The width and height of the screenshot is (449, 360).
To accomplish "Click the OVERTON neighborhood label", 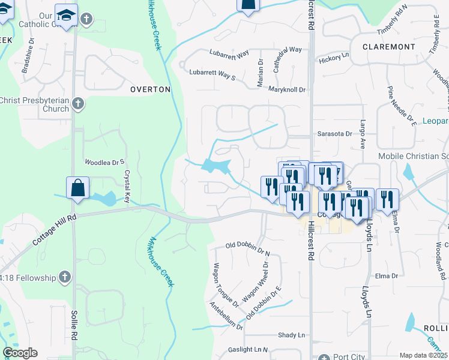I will point(151,89).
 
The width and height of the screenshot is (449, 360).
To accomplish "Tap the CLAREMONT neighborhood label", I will point(388,46).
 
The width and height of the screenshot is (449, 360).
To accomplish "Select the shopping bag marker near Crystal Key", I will point(78,188).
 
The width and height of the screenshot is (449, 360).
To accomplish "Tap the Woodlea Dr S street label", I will point(104,162).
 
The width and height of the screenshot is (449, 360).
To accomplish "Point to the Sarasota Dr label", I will point(334,134).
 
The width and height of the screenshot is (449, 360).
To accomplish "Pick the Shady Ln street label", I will point(291,335).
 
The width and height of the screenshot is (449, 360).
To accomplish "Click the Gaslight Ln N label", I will point(248,349).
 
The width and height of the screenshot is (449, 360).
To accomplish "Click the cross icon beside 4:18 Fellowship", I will point(65,277).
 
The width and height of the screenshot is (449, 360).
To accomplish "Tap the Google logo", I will point(20,353).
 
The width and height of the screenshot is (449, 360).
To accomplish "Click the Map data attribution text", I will point(424,355).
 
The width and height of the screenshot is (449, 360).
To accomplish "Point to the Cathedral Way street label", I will point(287,58).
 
